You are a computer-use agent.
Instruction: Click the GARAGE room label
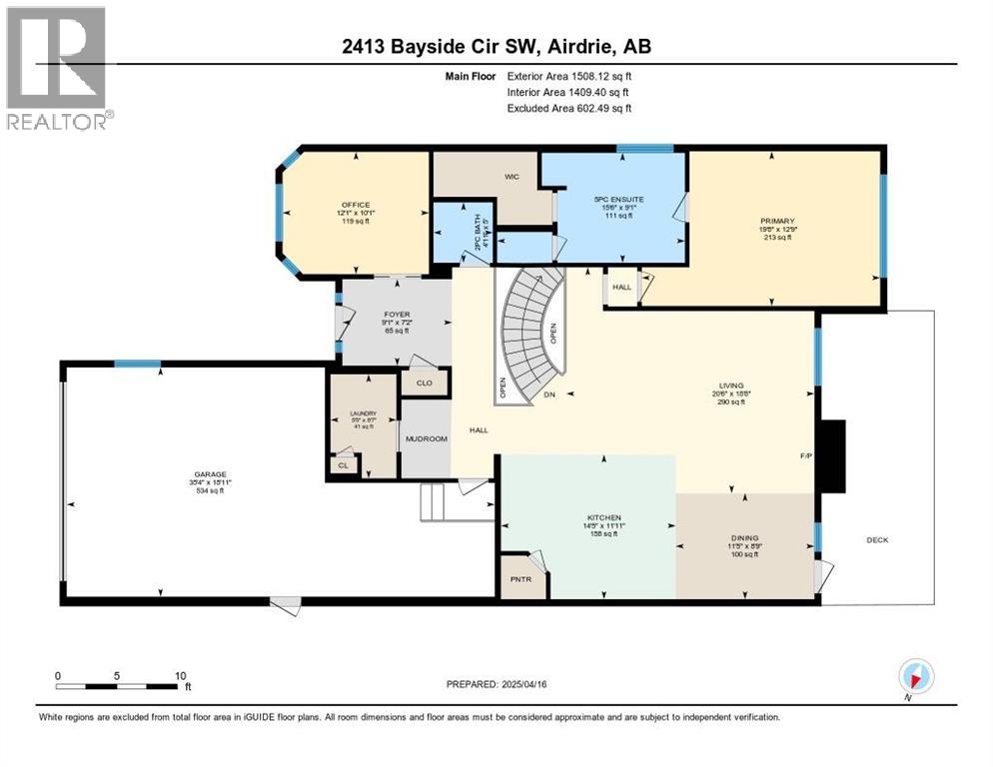(210, 474)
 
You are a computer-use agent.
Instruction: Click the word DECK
(877, 540)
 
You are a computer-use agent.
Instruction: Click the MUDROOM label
(425, 437)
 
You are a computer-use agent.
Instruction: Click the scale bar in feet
(120, 686)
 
